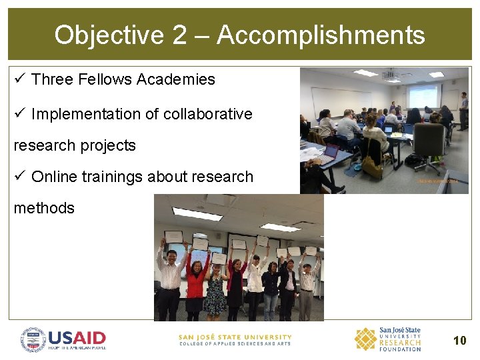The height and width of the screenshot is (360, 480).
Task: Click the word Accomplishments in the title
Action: pos(321,35)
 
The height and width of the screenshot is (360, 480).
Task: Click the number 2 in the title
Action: pos(179,35)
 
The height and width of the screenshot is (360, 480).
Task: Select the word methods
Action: pos(44,208)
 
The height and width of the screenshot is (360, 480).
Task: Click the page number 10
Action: pos(459,340)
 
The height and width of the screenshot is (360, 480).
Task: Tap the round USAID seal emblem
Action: pos(33,339)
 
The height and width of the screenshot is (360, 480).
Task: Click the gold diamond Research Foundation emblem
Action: pos(365,339)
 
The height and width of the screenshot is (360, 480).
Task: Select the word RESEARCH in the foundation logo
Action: pos(400,343)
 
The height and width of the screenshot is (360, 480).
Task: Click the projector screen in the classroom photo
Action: pos(424,95)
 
